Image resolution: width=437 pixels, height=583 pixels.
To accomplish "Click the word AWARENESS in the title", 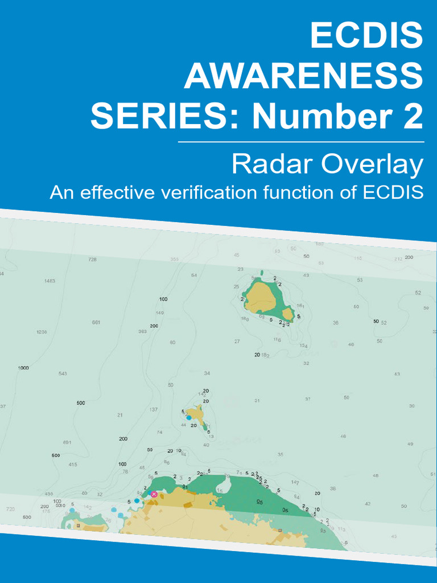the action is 303,76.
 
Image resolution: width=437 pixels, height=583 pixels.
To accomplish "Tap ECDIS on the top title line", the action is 366,35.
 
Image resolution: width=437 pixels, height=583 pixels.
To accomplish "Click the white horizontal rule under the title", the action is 301,141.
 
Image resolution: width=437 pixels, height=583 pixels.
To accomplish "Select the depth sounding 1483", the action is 50,281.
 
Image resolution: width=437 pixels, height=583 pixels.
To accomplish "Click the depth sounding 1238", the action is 42,332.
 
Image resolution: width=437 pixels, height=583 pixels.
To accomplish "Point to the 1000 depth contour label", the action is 23,368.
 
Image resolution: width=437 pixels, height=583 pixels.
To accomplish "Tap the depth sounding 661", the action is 96,322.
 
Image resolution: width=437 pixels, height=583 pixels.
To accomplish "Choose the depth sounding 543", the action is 63,373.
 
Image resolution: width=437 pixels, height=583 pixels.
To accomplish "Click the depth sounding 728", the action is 92,259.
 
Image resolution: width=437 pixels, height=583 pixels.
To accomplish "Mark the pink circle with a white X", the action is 154,494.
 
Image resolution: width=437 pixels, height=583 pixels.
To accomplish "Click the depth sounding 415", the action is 73,465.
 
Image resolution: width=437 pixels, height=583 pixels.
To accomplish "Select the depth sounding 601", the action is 67,442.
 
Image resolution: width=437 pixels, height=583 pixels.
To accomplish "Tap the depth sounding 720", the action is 10,508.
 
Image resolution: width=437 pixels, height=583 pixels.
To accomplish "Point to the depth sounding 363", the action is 142,331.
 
